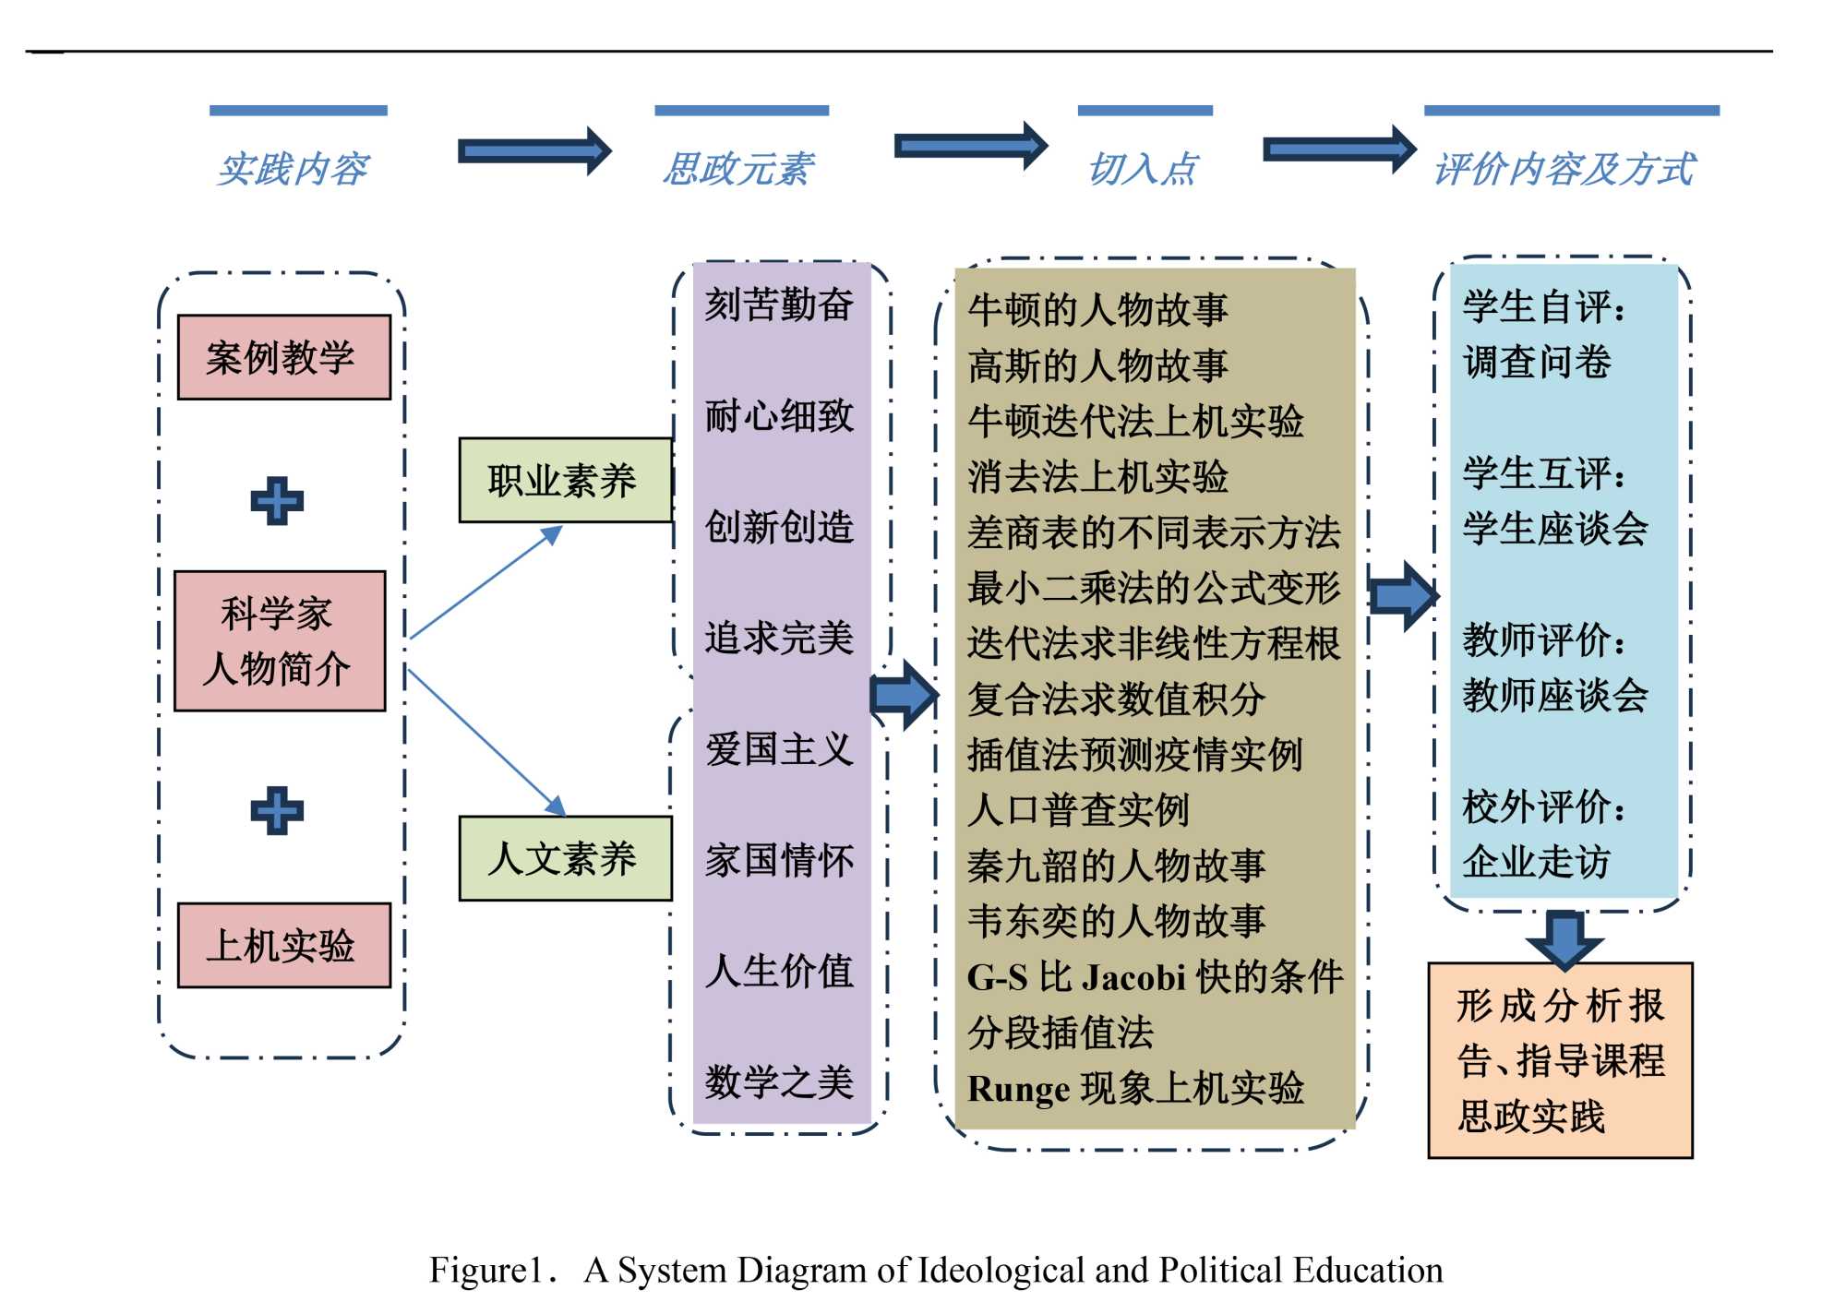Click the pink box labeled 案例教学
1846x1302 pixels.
[283, 357]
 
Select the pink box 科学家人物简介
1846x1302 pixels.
[280, 640]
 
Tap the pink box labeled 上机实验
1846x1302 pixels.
[283, 945]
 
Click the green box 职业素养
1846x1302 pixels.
[565, 480]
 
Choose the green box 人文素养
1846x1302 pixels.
[565, 858]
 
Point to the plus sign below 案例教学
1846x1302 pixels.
[277, 501]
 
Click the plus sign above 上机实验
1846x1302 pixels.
[277, 811]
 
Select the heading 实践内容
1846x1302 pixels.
[294, 169]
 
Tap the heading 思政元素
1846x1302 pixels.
[738, 169]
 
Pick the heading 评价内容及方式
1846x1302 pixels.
[1564, 169]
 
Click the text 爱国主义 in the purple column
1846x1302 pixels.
[779, 748]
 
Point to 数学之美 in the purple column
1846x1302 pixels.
[779, 1081]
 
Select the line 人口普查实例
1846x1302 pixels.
[1077, 809]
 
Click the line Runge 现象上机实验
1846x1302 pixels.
[1135, 1088]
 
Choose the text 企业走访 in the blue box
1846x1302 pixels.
[1536, 861]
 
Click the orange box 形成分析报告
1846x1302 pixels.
[1560, 1060]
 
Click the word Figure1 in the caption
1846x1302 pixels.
[485, 1270]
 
